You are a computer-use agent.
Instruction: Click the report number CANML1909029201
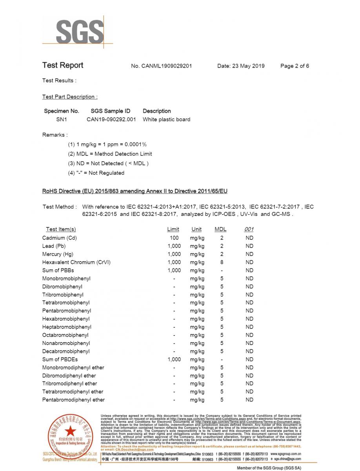point(161,66)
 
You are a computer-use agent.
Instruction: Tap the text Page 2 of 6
point(295,66)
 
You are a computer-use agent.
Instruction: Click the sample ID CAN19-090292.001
point(111,119)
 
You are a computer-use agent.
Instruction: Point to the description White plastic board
point(166,119)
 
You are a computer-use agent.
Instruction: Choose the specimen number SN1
point(61,119)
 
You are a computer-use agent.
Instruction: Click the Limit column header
point(173,229)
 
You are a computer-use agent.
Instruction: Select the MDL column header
point(220,229)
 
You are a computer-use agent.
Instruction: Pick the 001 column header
point(249,229)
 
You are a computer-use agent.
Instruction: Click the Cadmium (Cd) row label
point(59,238)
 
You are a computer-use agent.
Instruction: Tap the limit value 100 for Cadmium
point(174,238)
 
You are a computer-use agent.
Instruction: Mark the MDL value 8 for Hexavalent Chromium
point(222,262)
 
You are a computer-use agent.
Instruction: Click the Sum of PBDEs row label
point(60,359)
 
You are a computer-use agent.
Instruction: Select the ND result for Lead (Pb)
point(249,246)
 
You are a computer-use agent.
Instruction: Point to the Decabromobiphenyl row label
point(66,351)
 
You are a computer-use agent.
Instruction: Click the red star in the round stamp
point(71,430)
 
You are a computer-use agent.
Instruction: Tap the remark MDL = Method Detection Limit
point(110,154)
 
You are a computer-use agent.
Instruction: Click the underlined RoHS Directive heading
point(135,191)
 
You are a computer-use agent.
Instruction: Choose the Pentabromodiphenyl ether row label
point(73,400)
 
